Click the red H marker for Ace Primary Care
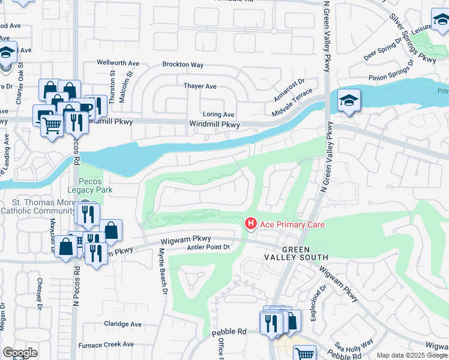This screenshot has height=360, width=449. coord(250,224)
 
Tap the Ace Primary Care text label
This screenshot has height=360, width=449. coord(292,225)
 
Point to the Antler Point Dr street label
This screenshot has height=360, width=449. coord(208,247)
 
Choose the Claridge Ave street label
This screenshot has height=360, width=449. coord(122,324)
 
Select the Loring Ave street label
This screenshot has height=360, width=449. coord(218,114)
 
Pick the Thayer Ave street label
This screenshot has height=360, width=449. coord(200,86)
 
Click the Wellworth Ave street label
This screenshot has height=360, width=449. coord(119,63)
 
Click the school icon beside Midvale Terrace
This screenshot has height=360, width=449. coord(348,100)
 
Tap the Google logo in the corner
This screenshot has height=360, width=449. coord(20,353)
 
